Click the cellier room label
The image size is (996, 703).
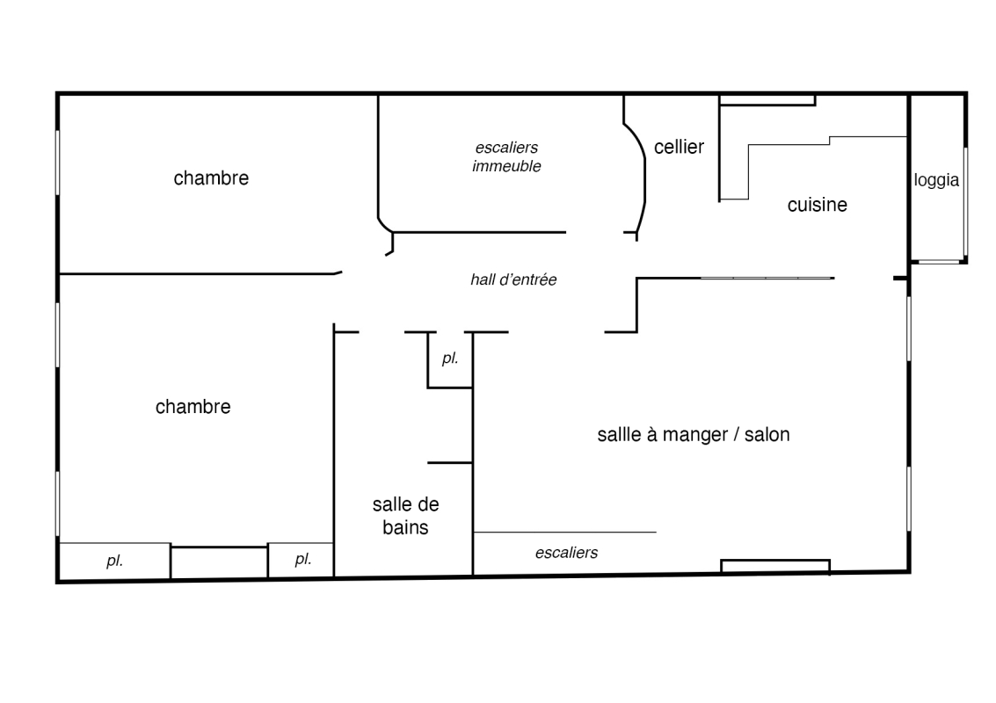point(679,148)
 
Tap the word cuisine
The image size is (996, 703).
point(817,205)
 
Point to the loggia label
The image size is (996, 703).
point(936,180)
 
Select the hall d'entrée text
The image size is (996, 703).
point(513,279)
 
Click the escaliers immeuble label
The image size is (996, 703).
point(507,157)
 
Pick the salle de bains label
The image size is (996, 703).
point(405,516)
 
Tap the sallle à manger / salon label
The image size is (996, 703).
point(694,434)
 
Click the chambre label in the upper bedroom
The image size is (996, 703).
point(211,178)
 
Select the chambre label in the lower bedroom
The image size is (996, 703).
point(193,407)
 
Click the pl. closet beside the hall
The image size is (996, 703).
point(450,359)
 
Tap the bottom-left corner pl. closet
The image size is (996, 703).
point(115,561)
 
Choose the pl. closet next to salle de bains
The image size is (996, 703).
point(302,560)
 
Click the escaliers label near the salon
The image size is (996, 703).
point(567,553)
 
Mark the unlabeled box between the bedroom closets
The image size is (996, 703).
point(219,562)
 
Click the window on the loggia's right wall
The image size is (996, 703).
point(965,201)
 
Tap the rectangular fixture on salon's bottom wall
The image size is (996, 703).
point(775,566)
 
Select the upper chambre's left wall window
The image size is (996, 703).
point(58,163)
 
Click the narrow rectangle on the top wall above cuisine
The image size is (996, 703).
point(767,100)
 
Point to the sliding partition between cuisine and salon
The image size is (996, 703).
point(767,278)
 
